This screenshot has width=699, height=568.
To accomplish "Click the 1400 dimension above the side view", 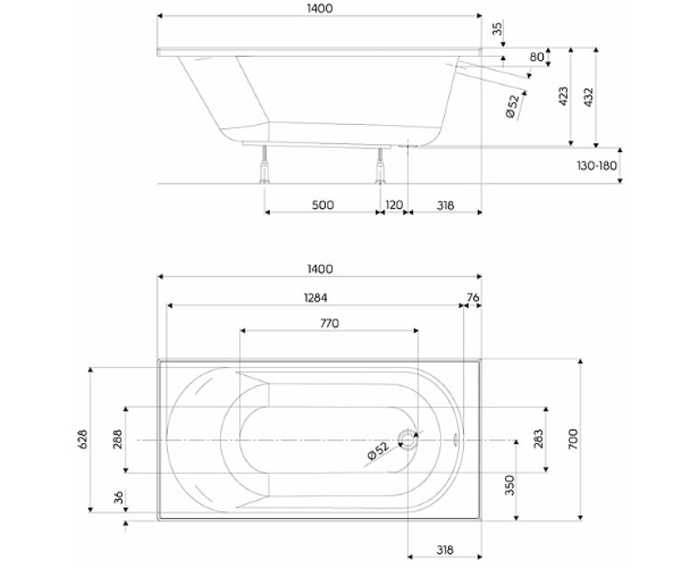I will [x=320, y=8].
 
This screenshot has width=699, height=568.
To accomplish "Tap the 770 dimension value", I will [x=329, y=322].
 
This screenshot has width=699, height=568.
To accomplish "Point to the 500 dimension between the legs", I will [x=322, y=205].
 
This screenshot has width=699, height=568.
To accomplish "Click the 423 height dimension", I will [x=564, y=96].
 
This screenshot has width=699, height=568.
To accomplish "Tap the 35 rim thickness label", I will [x=498, y=29].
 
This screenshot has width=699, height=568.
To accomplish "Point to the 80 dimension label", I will [x=536, y=58].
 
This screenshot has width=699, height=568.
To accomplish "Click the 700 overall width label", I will [x=573, y=440].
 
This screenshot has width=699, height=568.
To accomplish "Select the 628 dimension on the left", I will [x=83, y=440].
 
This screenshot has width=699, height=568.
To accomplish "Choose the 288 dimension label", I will [x=117, y=440].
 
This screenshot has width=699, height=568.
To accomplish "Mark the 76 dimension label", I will [x=473, y=297].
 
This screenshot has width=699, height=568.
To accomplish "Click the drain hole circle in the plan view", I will [x=408, y=440].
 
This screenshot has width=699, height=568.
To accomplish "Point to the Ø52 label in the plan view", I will [x=377, y=452].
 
